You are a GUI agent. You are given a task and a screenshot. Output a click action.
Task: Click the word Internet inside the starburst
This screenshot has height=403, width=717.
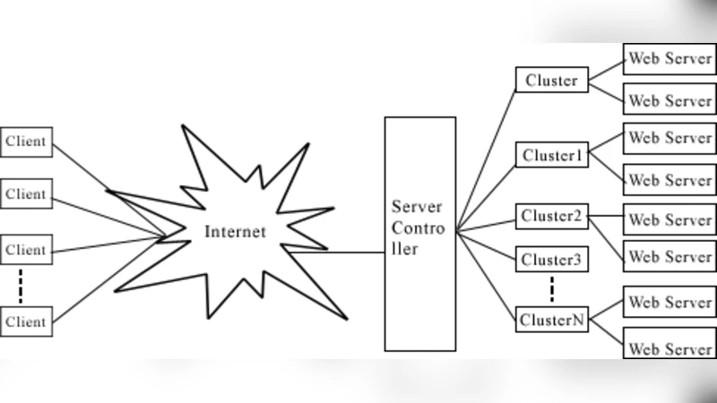(236, 232)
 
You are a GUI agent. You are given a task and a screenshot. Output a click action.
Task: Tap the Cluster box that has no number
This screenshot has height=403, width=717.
(551, 81)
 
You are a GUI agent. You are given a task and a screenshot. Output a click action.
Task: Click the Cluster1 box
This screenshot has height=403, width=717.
(553, 155)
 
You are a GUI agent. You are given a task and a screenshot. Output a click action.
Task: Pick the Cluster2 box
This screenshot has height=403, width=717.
(553, 216)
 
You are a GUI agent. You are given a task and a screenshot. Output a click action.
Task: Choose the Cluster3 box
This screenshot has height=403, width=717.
(553, 260)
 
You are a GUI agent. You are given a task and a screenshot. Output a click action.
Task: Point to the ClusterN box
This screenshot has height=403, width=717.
(553, 319)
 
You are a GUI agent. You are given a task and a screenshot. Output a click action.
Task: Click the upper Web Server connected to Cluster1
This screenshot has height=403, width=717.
(669, 138)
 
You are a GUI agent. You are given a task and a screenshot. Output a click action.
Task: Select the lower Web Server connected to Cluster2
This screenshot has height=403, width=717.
(669, 256)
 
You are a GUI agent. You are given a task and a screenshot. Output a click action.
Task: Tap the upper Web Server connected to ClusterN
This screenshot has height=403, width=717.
(669, 302)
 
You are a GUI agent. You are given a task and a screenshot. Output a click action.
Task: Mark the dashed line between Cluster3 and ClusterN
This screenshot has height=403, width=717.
(553, 289)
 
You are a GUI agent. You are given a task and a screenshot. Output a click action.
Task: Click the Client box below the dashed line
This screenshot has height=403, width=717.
(26, 321)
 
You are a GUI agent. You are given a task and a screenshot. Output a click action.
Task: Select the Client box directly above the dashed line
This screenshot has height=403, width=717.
(26, 250)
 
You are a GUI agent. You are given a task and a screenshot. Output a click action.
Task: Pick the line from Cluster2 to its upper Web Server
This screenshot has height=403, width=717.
(605, 216)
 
